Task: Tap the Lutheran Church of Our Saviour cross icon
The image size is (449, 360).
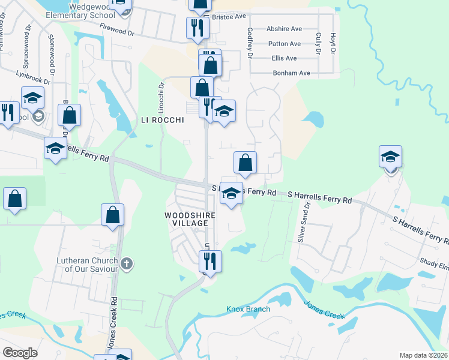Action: [126, 263]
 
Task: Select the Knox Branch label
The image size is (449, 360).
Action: [248, 309]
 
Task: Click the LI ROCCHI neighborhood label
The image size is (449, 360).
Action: [161, 119]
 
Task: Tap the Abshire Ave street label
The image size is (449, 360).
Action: [285, 29]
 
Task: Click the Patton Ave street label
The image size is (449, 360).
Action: [285, 44]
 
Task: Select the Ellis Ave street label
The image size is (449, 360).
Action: [284, 58]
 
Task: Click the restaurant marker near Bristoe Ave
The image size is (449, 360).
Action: [197, 27]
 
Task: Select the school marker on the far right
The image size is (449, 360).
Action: [390, 157]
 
